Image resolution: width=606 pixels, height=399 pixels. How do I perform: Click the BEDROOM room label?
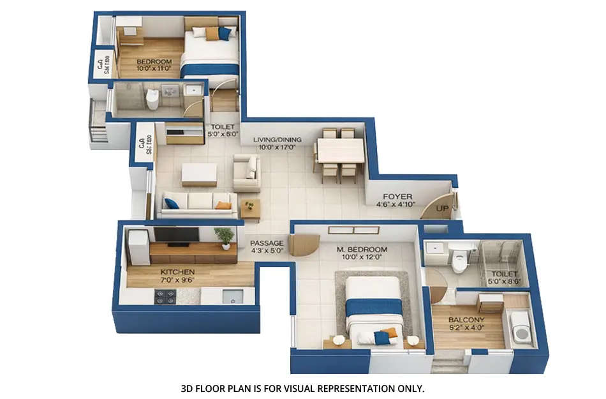151,62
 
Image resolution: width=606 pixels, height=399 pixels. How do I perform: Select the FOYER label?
397,197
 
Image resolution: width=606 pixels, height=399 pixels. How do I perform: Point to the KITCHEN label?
177,272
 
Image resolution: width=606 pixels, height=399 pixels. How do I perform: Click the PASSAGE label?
266,243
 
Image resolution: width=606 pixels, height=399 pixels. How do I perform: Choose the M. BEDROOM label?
362,249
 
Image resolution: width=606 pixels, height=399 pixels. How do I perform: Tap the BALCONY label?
466,320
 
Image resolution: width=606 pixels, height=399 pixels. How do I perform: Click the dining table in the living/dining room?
340,151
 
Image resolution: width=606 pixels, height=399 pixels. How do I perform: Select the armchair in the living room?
247,172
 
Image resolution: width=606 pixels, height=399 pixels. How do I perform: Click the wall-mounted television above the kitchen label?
175,235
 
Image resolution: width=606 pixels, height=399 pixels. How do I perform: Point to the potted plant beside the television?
225,237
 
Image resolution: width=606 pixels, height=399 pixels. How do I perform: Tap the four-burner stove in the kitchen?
167,297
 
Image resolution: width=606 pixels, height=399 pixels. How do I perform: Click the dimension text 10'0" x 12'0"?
362,258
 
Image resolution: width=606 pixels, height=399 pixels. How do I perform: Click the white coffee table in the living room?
200,173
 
